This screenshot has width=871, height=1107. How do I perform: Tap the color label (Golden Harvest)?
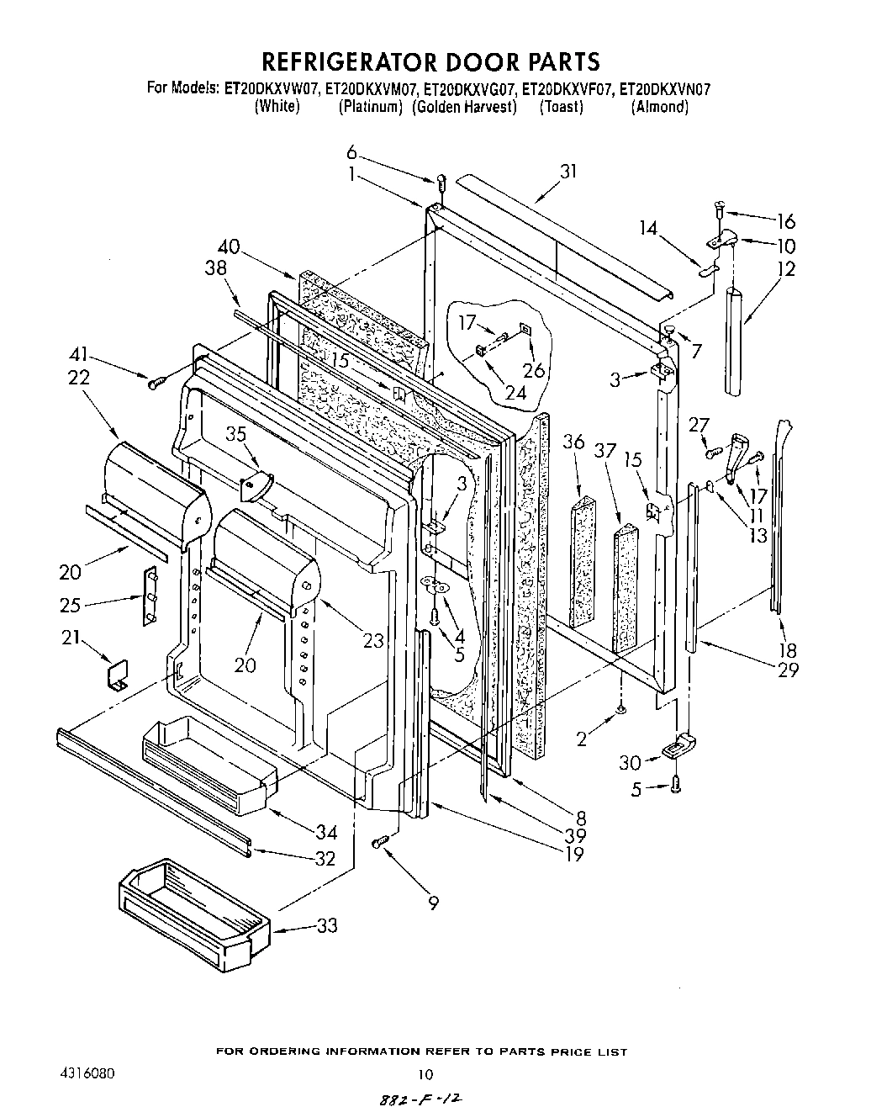click(x=464, y=107)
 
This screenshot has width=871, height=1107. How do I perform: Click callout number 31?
click(x=569, y=171)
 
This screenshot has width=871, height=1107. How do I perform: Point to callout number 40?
click(x=229, y=247)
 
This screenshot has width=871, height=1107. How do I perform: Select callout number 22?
click(x=78, y=379)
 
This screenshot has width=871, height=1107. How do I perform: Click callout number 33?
click(x=327, y=925)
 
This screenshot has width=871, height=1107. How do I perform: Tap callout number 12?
click(x=787, y=269)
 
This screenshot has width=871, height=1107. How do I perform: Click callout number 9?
click(x=433, y=903)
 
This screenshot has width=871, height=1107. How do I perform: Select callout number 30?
click(x=630, y=762)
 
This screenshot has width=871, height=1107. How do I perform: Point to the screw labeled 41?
click(x=156, y=384)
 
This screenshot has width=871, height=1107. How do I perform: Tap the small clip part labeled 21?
click(x=116, y=673)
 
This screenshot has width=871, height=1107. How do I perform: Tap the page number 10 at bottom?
click(x=425, y=1074)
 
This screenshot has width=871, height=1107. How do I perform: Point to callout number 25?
click(x=71, y=603)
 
